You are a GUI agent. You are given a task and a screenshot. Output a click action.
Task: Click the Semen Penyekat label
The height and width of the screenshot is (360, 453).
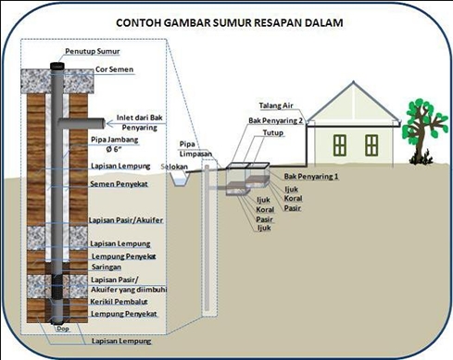pyautogui.click(x=120, y=184)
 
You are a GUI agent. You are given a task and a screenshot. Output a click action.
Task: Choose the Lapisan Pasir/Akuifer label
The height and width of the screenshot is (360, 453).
pyautogui.click(x=127, y=219)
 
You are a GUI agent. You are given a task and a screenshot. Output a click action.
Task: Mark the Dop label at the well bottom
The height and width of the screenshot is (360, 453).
pyautogui.click(x=61, y=329)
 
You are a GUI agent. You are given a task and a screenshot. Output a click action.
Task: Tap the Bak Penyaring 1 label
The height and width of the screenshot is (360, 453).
pyautogui.click(x=312, y=176)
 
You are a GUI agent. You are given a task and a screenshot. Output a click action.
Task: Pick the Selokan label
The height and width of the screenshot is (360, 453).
pyautogui.click(x=174, y=166)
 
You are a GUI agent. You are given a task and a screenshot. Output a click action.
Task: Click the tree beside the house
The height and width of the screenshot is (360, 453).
pyautogui.click(x=423, y=120)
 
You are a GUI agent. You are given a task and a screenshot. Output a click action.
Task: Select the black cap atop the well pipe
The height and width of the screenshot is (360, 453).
pyautogui.click(x=58, y=66)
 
